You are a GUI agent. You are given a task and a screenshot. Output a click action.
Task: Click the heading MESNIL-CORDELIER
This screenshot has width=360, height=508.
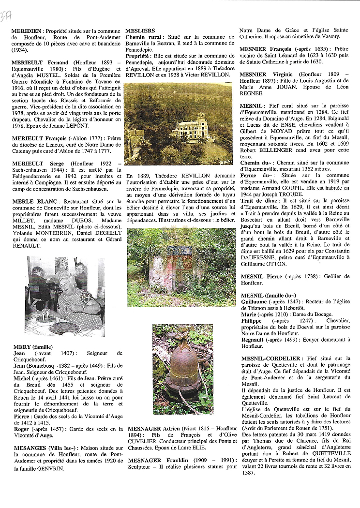270,359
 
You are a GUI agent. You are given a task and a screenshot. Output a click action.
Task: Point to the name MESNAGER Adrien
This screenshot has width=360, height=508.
149,429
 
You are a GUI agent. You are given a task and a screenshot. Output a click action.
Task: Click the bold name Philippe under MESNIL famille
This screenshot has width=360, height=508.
251,321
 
